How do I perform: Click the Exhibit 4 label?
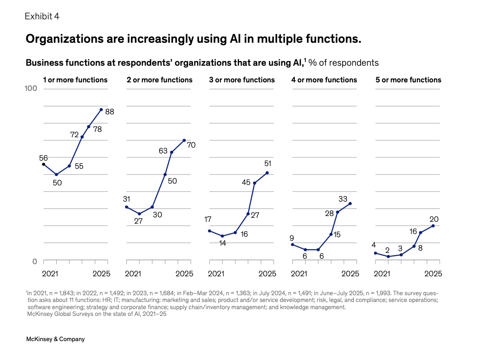(x=42, y=17)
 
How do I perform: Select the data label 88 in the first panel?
(x=110, y=112)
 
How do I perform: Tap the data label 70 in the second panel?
(x=191, y=145)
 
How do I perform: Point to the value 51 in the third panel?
(x=268, y=163)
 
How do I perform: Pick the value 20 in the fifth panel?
(x=433, y=219)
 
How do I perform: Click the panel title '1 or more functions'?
(x=75, y=80)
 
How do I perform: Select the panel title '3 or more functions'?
(x=242, y=80)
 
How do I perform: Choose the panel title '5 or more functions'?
(x=408, y=80)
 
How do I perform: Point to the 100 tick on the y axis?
(x=30, y=89)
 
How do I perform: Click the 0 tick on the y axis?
(x=34, y=261)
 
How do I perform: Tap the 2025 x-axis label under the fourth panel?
(x=350, y=273)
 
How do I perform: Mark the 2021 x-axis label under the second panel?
(x=133, y=273)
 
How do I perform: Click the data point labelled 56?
(x=44, y=164)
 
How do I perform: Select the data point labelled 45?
(x=255, y=183)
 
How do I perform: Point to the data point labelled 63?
(x=172, y=152)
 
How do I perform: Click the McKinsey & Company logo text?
(x=55, y=339)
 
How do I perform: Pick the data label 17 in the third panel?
(x=208, y=220)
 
